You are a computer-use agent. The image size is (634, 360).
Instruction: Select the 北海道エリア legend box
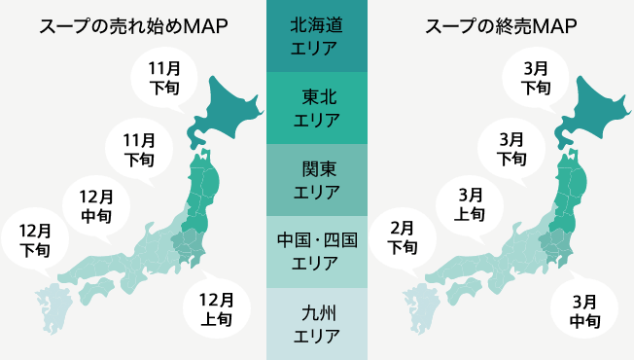(x=316, y=36)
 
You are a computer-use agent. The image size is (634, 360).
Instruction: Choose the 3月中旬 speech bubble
(x=585, y=308)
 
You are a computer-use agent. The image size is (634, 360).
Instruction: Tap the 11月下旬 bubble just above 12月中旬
(x=139, y=145)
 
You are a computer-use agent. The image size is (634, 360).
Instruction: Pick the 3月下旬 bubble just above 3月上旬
(x=512, y=147)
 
